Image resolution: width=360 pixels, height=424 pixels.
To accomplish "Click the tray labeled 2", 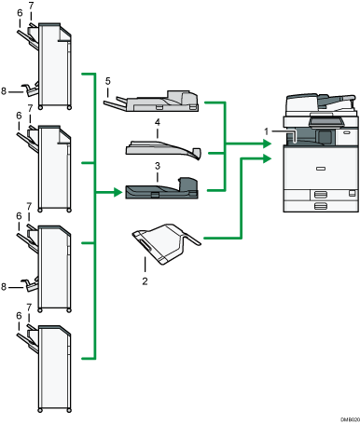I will (166, 244).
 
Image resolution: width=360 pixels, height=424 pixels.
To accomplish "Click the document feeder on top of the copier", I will (318, 101).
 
